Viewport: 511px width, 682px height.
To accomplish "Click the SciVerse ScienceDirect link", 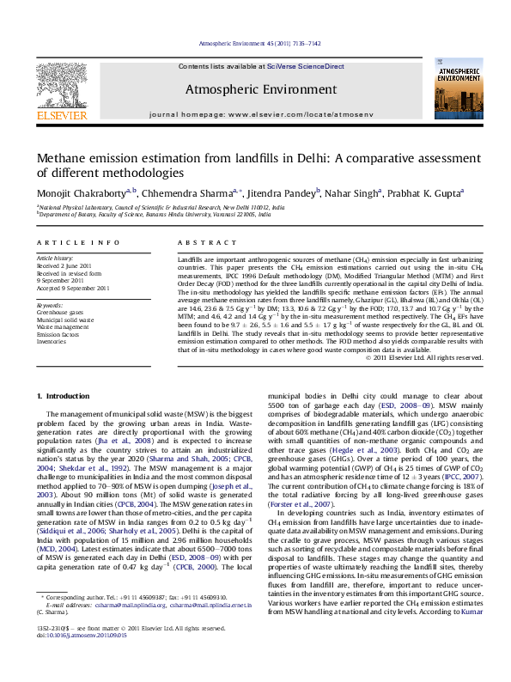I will tap(305, 66).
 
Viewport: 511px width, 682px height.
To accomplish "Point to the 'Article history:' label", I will tap(56, 259).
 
